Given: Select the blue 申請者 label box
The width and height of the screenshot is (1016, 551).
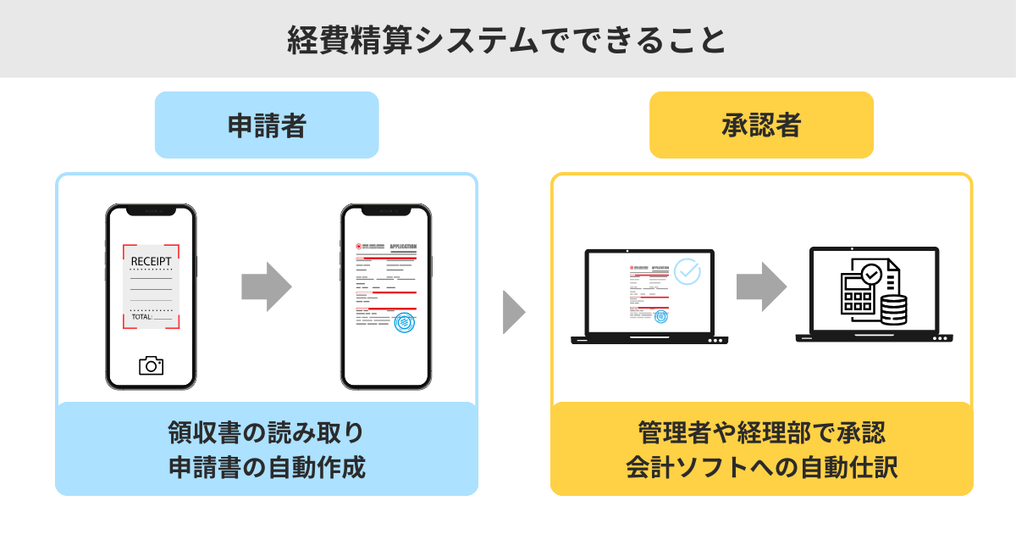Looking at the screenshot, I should coord(267,125).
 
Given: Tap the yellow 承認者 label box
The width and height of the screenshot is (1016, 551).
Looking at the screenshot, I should coord(761,125).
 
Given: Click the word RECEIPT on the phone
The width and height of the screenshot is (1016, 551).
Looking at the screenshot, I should coord(151,260).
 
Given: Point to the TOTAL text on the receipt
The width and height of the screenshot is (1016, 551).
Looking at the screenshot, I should coord(141,316).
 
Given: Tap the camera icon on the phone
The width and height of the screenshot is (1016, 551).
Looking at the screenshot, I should coord(151,365).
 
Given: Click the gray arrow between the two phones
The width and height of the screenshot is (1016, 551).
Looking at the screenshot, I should coord(266,287).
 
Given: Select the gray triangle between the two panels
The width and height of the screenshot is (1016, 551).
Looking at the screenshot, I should coord(513,312).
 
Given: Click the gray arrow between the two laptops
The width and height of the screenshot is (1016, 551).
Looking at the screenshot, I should coord(760,287).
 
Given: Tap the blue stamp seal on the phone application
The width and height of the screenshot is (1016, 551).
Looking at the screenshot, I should coord(405,322).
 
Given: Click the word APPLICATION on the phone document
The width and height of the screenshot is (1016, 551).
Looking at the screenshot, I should coord(403,246).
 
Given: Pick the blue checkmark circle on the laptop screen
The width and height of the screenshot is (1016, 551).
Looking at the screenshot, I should coord(687,271).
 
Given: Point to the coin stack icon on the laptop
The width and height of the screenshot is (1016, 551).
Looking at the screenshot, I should coord(893,310).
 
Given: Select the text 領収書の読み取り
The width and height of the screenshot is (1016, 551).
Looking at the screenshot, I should coord(267,432).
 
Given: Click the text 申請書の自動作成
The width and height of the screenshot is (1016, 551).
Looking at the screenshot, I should coord(267,467).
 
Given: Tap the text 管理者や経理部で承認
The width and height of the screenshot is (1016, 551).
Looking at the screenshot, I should coord(761,432).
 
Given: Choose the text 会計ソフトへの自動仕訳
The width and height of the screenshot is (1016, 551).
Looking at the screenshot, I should coord(761,467).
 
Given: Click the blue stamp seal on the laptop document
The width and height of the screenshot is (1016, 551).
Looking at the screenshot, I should coord(660,316).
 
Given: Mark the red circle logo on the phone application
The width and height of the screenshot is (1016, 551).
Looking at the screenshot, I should coord(359,246).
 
